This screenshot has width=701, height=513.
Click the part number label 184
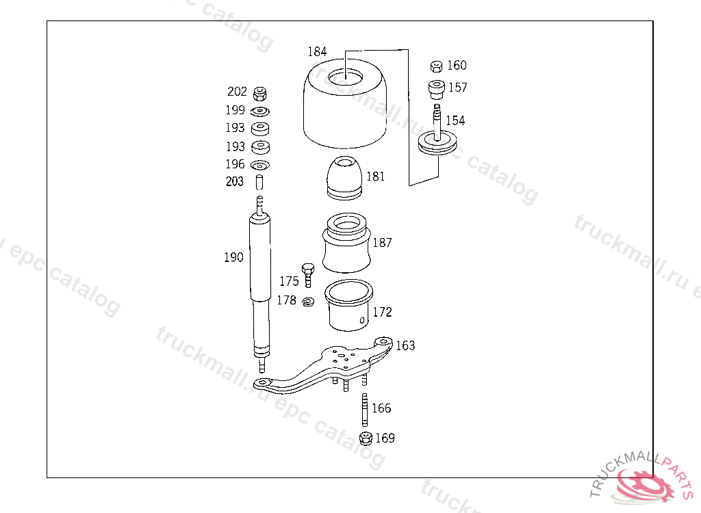point(317,51)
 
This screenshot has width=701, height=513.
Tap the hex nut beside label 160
point(436,66)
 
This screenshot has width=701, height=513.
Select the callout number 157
point(458,87)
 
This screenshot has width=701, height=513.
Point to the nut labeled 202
point(259,94)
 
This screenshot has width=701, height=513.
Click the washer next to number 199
point(259,111)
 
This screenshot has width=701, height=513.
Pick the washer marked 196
point(259,166)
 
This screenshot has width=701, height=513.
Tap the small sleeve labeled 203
point(259,183)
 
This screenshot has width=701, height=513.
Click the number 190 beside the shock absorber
point(234,257)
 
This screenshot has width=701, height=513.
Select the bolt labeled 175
point(308,275)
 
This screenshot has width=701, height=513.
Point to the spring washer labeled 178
point(308,302)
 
